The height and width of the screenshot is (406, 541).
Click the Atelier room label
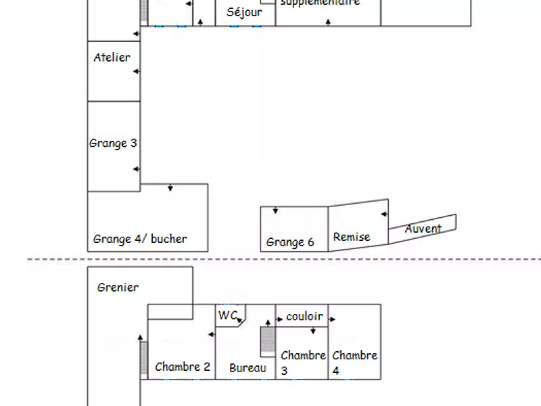tap(112, 58)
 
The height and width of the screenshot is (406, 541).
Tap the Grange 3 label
tap(113, 143)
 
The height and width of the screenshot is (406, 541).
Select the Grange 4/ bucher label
tap(140, 239)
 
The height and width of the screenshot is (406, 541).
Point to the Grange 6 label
tap(290, 242)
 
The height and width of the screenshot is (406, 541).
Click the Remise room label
tap(352, 237)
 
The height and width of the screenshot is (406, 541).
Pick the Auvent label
tap(423, 229)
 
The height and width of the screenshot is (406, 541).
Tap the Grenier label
tap(118, 287)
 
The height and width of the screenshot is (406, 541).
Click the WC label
tap(228, 315)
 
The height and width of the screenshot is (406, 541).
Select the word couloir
tap(304, 316)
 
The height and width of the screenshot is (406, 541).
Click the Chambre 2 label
tap(183, 367)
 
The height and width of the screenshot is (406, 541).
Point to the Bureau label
tap(248, 368)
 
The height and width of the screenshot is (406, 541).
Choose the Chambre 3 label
tap(302, 362)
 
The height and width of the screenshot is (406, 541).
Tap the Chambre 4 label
tap(354, 362)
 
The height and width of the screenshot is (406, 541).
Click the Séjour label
tap(245, 12)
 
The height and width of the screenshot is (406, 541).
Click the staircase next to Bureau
tap(268, 342)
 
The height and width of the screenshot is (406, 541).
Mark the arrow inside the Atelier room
tap(136, 71)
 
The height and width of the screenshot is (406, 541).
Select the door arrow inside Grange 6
tap(275, 212)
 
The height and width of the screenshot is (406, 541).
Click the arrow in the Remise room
tap(384, 215)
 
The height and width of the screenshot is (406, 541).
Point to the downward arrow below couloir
tap(313, 331)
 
